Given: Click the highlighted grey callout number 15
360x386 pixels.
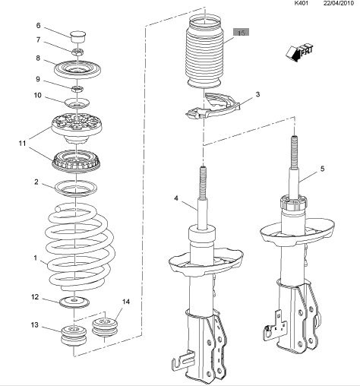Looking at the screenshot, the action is point(242,32).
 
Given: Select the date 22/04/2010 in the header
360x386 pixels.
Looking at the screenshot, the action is point(338,3).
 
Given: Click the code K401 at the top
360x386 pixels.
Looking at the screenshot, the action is point(302,3).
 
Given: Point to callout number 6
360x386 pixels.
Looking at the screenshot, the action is point(38,25).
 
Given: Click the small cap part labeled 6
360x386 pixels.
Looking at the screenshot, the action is point(77,37).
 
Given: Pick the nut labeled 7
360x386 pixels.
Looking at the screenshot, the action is point(77,52).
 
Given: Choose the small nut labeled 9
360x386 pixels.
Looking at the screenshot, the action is point(77,89).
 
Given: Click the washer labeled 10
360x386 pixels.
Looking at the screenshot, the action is point(77,103).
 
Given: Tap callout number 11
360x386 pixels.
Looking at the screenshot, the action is point(22,144).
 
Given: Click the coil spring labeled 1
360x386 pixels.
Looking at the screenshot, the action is point(80,247).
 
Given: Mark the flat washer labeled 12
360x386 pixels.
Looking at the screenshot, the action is point(74,302).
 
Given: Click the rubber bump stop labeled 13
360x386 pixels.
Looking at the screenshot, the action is point(74,336).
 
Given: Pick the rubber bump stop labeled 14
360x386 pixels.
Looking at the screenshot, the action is point(105,327).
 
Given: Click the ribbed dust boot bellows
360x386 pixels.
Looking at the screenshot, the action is point(204,52).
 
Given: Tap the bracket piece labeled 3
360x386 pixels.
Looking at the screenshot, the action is point(213,106).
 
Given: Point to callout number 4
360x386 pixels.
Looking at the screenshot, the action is point(176,198).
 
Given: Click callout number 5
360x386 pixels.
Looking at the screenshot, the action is point(322,169).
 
